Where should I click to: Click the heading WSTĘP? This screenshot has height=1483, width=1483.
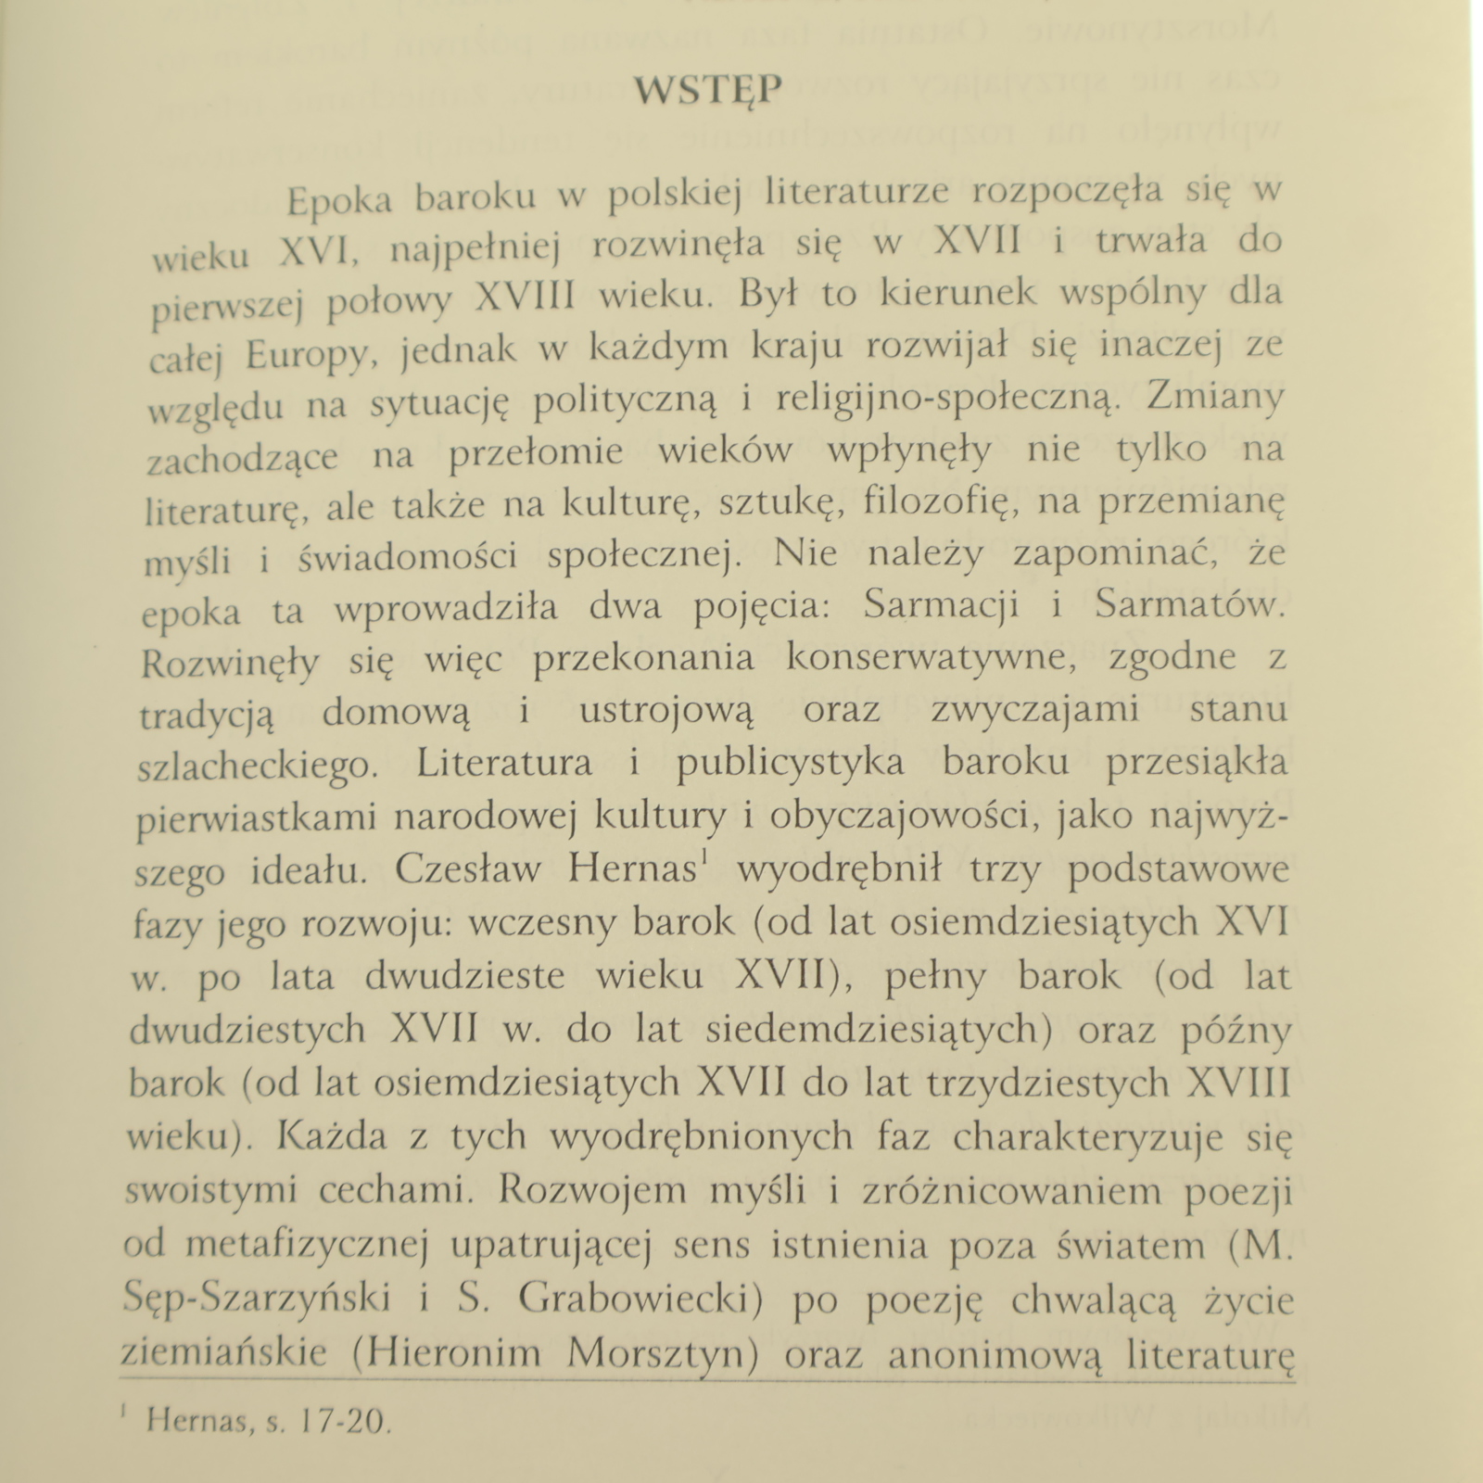pyautogui.click(x=708, y=91)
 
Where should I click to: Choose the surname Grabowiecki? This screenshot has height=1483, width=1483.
pyautogui.click(x=640, y=1301)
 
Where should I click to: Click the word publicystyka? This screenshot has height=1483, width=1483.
pyautogui.click(x=791, y=763)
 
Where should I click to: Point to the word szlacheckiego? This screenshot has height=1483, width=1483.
pyautogui.click(x=253, y=766)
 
